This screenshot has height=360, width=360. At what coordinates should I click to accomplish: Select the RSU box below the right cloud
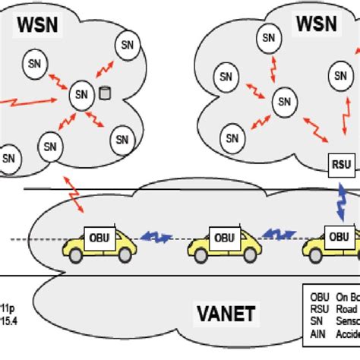point(337,163)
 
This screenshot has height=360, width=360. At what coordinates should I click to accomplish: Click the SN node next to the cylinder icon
point(81,95)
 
